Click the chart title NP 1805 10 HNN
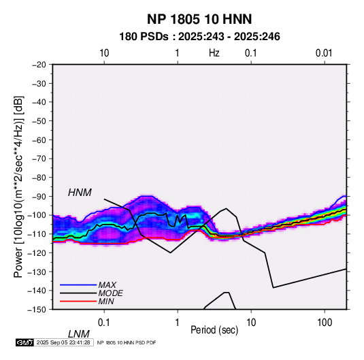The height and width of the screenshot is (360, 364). (x=199, y=19)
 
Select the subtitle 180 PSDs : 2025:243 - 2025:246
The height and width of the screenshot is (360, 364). (x=199, y=37)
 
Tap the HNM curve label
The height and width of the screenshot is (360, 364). (x=80, y=193)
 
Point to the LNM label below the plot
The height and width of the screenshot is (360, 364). (x=79, y=334)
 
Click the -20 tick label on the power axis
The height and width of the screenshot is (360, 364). (x=39, y=65)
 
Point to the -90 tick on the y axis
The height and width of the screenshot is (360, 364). (x=39, y=196)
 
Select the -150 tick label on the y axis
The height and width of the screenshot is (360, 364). (x=37, y=310)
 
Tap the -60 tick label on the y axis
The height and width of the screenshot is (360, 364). (x=39, y=140)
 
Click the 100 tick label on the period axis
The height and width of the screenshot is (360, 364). (x=325, y=323)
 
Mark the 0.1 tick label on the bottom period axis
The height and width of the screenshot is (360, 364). (x=103, y=323)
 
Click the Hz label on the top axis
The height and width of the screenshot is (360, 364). (x=214, y=53)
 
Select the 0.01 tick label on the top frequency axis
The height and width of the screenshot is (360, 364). (x=324, y=53)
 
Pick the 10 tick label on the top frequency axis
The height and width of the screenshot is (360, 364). (x=104, y=53)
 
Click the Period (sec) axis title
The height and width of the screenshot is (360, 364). (x=214, y=330)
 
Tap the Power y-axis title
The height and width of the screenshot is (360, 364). (x=18, y=186)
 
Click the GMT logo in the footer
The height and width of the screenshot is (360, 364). (x=24, y=342)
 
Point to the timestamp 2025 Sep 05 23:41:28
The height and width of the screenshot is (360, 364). (x=63, y=342)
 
